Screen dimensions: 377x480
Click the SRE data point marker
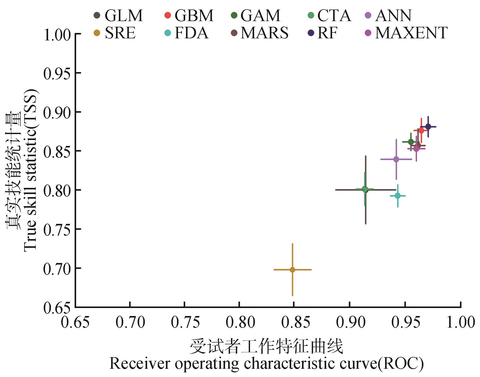[x=292, y=270]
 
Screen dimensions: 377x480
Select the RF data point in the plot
[x=428, y=127]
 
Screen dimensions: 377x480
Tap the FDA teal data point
[x=398, y=196]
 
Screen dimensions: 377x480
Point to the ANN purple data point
[x=396, y=159]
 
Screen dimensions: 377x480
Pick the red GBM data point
[x=421, y=130]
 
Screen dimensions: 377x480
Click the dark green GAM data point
[x=411, y=142]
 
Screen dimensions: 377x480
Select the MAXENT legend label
[x=411, y=33]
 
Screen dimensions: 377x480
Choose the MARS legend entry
[x=264, y=33]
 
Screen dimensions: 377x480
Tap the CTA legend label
[x=334, y=15]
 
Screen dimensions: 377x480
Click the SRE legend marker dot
[x=97, y=33]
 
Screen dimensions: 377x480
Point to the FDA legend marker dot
[x=168, y=33]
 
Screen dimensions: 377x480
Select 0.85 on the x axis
[x=296, y=322]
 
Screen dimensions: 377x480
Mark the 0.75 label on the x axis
[x=185, y=322]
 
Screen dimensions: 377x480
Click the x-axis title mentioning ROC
[x=266, y=363]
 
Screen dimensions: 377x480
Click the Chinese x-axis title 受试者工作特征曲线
[x=266, y=347]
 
